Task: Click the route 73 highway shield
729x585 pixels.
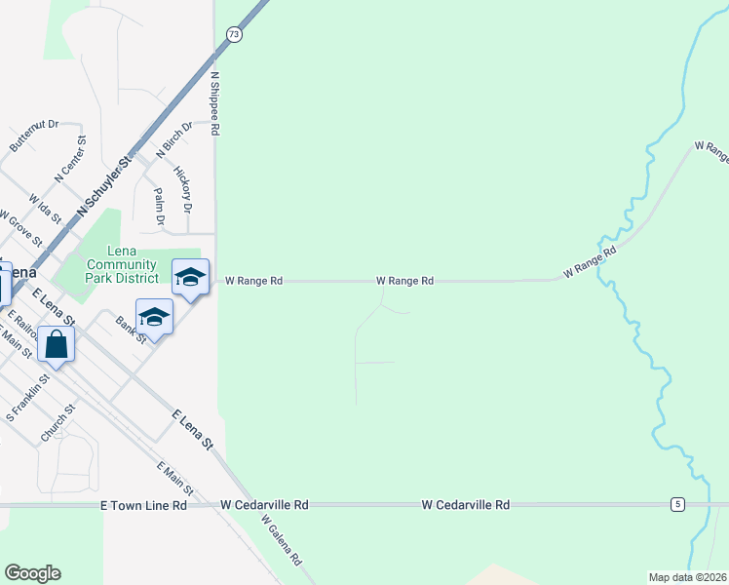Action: click(x=233, y=34)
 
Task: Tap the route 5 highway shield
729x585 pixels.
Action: click(x=675, y=504)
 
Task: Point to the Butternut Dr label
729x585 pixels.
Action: click(x=34, y=136)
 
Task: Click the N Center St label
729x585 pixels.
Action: click(x=71, y=160)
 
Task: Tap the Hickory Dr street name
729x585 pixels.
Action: click(x=182, y=189)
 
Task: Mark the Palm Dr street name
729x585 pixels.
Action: click(x=160, y=205)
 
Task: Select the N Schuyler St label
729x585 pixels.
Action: click(x=102, y=184)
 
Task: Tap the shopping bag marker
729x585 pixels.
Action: click(x=57, y=345)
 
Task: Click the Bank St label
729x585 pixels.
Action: click(x=130, y=330)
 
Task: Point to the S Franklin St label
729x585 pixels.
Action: click(x=27, y=397)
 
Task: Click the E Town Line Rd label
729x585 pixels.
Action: click(x=143, y=506)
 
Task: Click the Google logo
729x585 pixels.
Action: click(x=32, y=573)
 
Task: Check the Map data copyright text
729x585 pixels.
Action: click(x=686, y=577)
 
